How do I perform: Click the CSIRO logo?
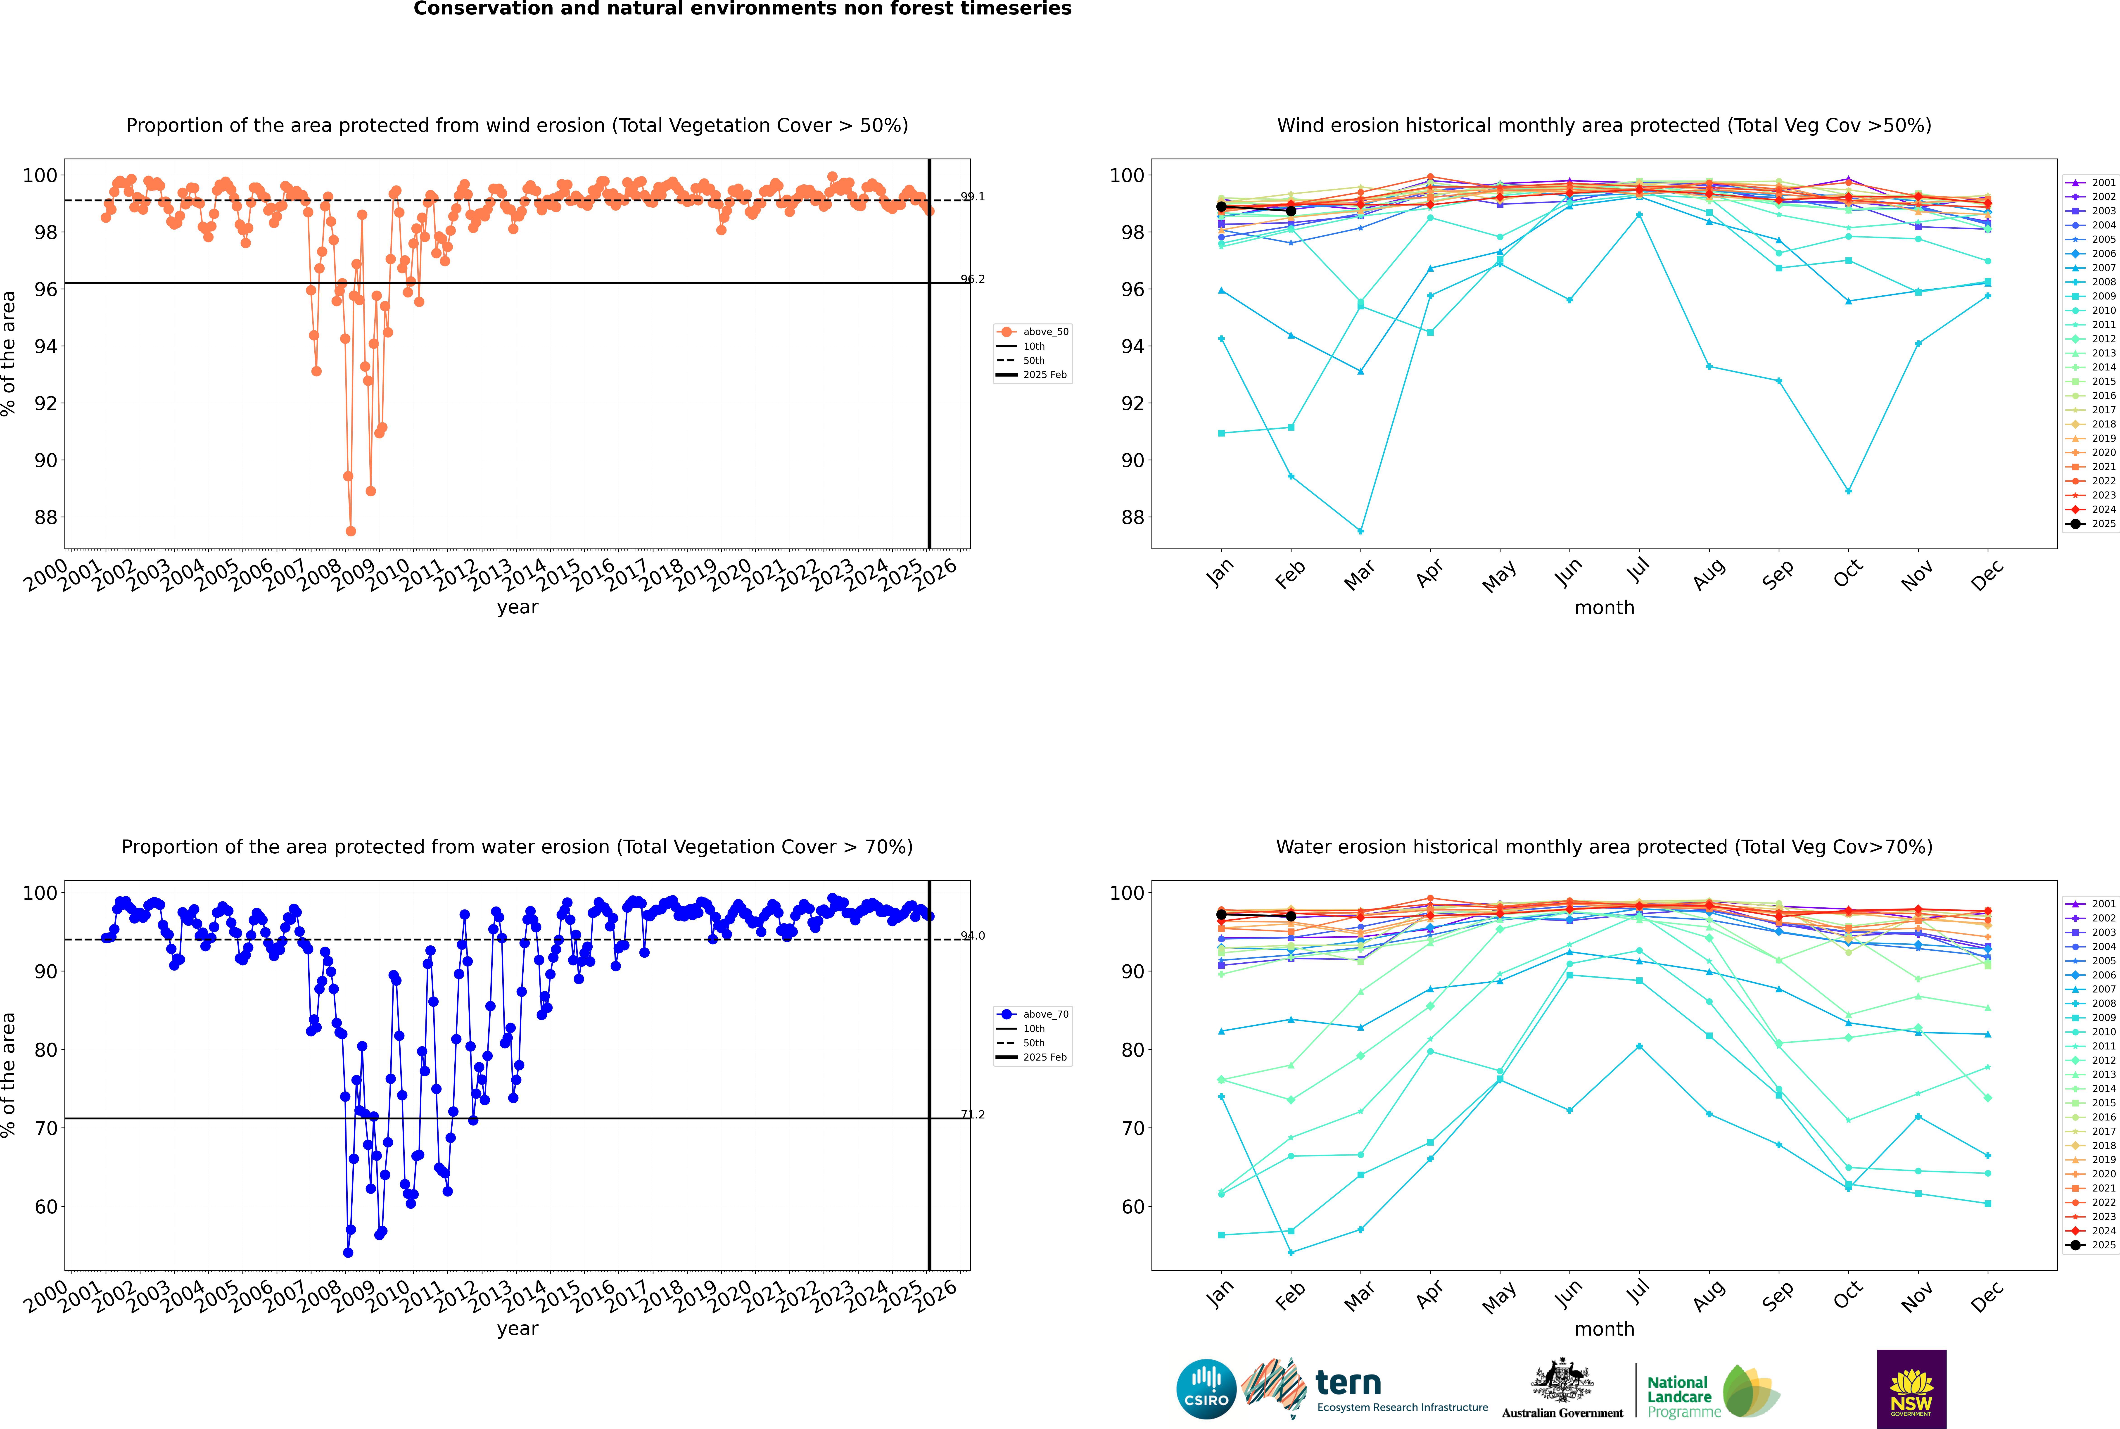(1206, 1389)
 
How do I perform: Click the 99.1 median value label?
(973, 197)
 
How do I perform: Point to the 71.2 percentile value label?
(973, 1115)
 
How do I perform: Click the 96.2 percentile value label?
(973, 280)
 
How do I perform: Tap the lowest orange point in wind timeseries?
(351, 531)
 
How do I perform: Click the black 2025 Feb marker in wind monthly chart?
(1291, 211)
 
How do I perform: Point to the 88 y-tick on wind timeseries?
(45, 518)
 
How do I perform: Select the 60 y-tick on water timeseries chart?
(45, 1207)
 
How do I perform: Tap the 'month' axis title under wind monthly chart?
(1604, 608)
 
